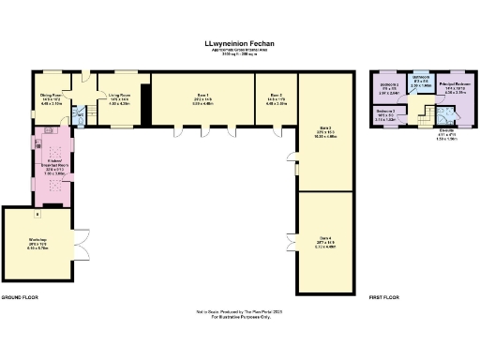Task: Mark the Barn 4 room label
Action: (323, 243)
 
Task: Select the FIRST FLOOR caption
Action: (383, 297)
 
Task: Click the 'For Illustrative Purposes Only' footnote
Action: (239, 319)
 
